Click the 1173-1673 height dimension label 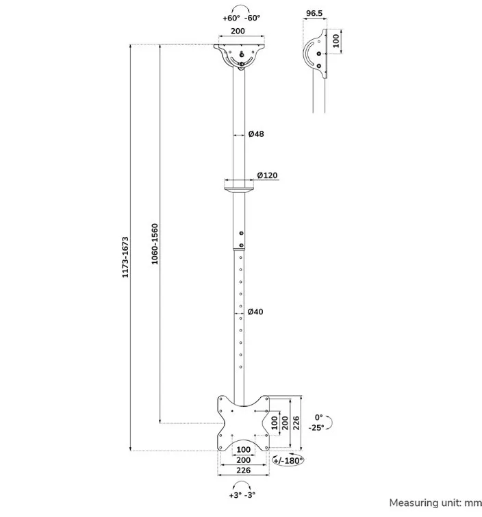pos(125,257)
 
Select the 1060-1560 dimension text pos(155,244)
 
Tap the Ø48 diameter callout pos(256,134)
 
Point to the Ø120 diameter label pos(268,175)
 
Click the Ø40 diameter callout pos(255,312)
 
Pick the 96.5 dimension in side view pos(314,13)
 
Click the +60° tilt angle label pos(231,18)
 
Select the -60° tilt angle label pos(252,18)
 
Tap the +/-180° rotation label pos(288,461)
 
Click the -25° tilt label pos(316,428)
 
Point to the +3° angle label pos(236,495)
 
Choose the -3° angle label pos(250,495)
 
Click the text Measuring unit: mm pos(435,503)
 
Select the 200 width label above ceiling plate pos(238,31)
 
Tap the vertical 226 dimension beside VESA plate pos(296,423)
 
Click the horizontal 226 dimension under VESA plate pos(243,470)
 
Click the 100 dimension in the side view pos(335,41)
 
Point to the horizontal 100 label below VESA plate pos(243,449)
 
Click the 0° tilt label pos(318,418)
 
